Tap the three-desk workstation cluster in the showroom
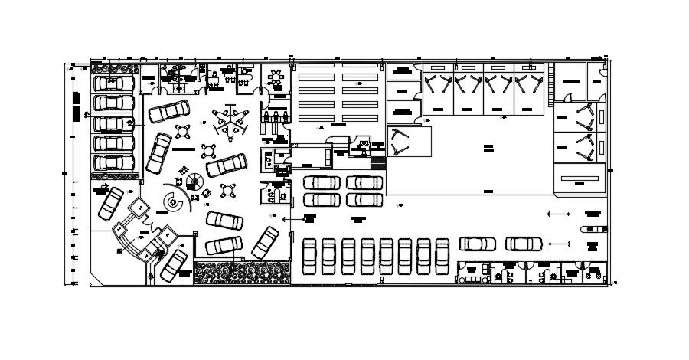[x=232, y=119]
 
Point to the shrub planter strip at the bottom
[x=243, y=273]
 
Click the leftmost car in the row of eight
[x=309, y=256]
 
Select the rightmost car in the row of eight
[x=442, y=256]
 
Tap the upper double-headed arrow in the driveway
[x=559, y=214]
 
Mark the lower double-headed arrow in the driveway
[x=559, y=244]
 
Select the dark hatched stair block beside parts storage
[x=378, y=162]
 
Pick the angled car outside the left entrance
[x=109, y=202]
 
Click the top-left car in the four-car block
[x=322, y=183]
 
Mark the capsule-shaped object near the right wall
[x=593, y=228]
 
